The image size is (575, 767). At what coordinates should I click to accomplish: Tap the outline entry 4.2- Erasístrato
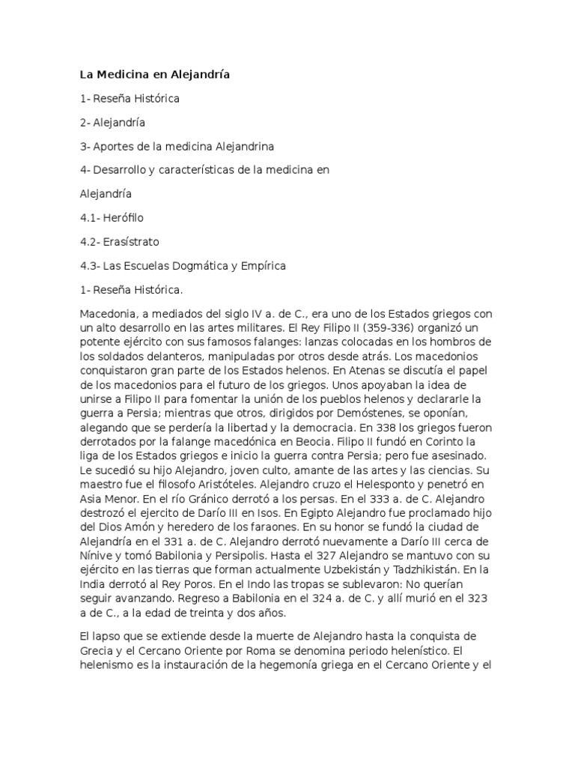[x=119, y=242]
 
